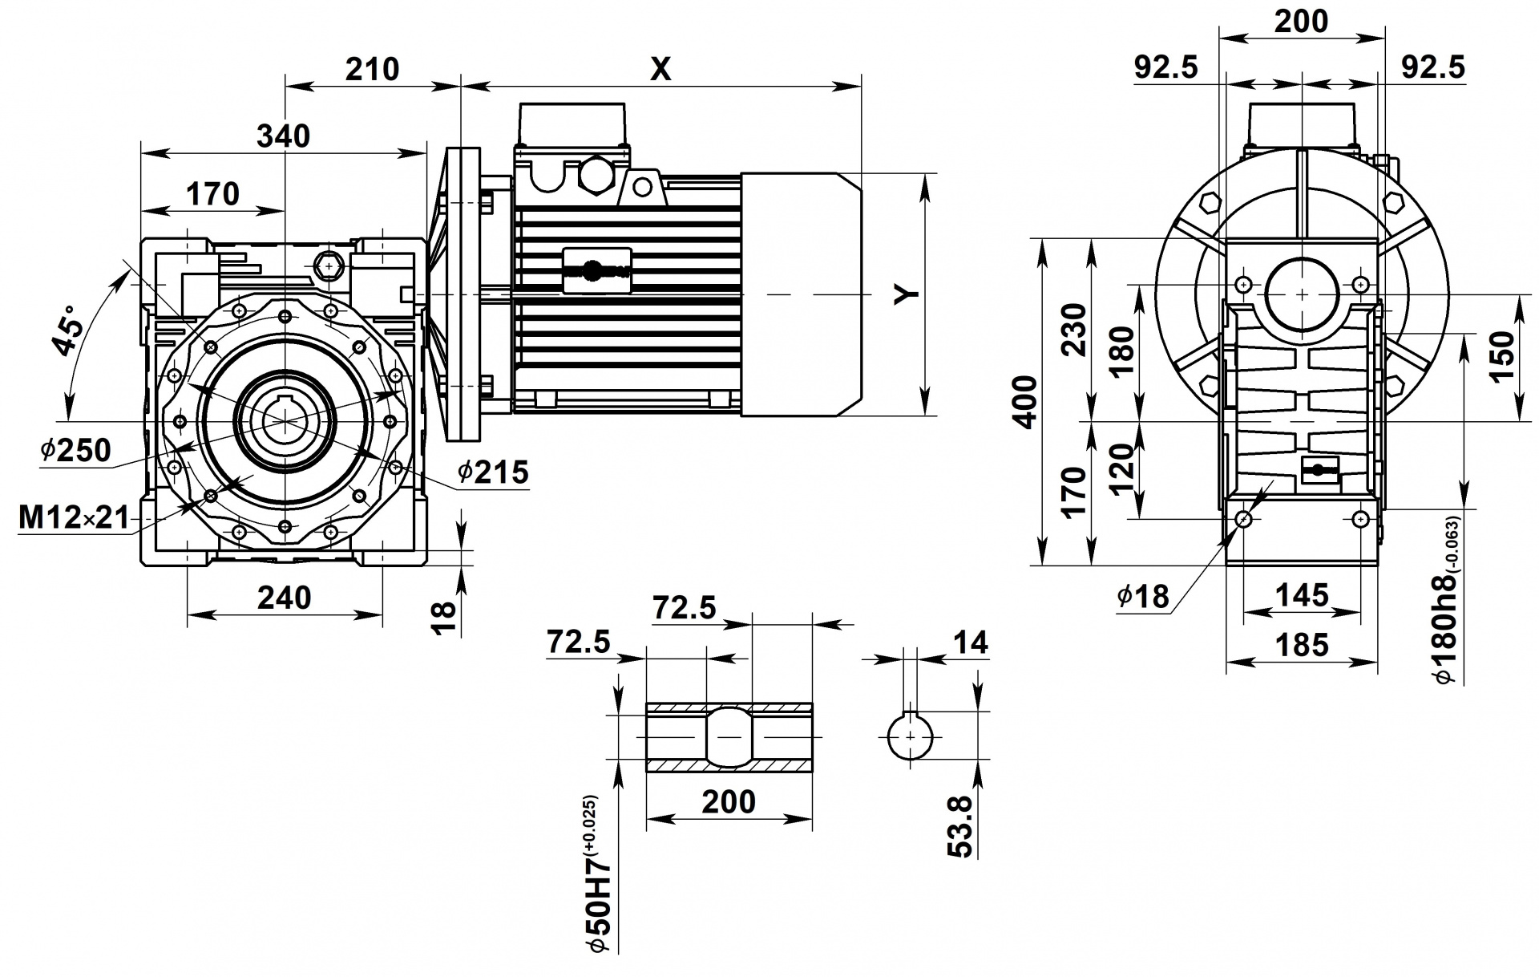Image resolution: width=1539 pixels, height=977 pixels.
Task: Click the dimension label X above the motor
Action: [x=660, y=70]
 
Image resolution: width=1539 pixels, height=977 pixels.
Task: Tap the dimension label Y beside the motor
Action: [x=907, y=294]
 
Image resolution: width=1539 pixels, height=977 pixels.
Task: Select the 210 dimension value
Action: [x=372, y=70]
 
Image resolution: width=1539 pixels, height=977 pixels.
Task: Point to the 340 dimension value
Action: [x=283, y=136]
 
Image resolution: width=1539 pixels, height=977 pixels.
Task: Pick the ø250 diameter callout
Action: [x=76, y=451]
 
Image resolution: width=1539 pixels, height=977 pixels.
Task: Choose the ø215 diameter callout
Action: [x=494, y=472]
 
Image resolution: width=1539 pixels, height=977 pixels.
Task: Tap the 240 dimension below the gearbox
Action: [x=284, y=598]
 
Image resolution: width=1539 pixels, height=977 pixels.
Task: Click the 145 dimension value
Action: [x=1302, y=595]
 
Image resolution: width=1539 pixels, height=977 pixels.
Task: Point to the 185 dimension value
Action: [x=1302, y=644]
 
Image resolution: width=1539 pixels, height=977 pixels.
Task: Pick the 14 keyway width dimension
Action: [x=971, y=643]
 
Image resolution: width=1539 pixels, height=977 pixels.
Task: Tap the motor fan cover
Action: [x=801, y=294]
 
